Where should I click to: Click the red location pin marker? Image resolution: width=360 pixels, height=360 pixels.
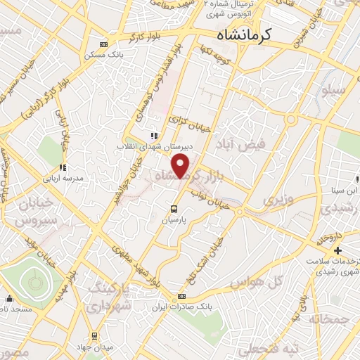[x=181, y=167]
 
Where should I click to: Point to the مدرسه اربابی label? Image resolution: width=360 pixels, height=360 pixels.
[x=84, y=179]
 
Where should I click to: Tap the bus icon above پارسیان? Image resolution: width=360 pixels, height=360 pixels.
[x=173, y=208]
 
